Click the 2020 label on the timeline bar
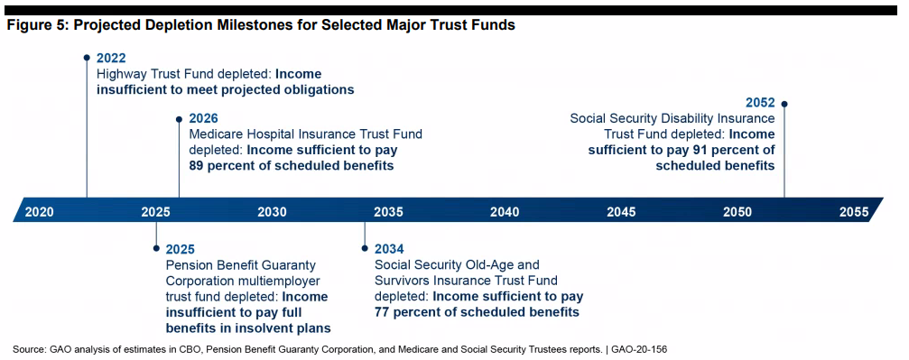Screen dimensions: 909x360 click(x=40, y=212)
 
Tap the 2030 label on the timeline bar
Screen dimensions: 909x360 click(x=272, y=212)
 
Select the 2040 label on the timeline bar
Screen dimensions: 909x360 click(x=505, y=212)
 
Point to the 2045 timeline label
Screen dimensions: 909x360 click(x=621, y=212)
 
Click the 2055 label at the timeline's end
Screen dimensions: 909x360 click(x=854, y=212)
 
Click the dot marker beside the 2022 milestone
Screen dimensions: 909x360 click(x=87, y=58)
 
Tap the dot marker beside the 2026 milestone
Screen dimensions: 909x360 click(x=179, y=119)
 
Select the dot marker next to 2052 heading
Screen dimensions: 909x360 click(x=784, y=104)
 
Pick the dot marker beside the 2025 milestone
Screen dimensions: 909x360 click(x=156, y=248)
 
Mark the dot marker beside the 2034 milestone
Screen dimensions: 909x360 click(x=365, y=248)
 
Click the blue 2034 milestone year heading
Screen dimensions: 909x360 click(x=389, y=249)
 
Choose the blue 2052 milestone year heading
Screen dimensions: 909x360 click(x=761, y=103)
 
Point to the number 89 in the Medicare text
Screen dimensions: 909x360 click(x=196, y=166)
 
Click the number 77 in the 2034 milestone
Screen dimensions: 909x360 click(x=382, y=312)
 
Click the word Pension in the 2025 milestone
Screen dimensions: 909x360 click(x=187, y=265)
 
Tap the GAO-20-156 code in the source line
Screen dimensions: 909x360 click(x=644, y=349)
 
